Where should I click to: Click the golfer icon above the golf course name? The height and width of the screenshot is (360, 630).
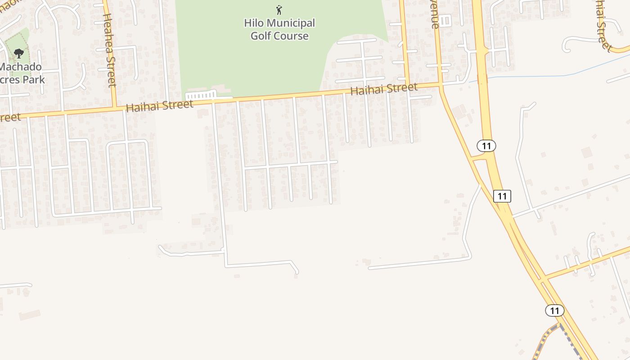[279, 9]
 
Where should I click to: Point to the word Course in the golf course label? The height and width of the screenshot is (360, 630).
[292, 36]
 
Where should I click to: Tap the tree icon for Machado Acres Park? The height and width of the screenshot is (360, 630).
[18, 54]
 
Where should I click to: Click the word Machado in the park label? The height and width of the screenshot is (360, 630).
[20, 67]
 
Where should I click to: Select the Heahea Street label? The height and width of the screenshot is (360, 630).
[110, 49]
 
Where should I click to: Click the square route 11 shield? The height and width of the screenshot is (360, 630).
[502, 196]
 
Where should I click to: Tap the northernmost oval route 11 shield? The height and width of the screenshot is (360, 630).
[486, 146]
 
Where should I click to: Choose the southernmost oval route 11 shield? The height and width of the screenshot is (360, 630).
[554, 310]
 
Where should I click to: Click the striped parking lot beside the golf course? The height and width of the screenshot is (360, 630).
[201, 96]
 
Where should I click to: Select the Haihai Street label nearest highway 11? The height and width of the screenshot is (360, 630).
[384, 89]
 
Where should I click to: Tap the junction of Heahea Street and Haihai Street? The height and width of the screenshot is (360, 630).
[115, 108]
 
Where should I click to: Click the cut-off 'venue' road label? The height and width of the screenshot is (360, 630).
[435, 16]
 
